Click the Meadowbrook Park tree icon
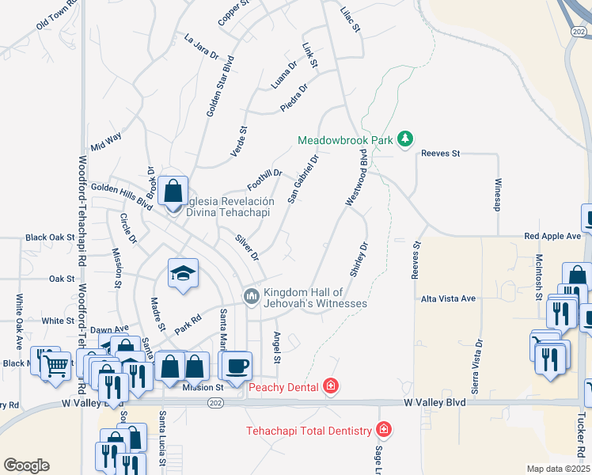(x=405, y=139)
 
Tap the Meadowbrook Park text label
(x=345, y=140)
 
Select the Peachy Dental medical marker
(x=331, y=386)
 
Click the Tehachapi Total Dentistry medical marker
(x=384, y=430)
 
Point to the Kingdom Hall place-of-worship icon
(x=252, y=296)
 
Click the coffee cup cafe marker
(x=237, y=365)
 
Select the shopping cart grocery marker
(x=55, y=365)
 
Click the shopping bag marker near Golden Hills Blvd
(x=173, y=191)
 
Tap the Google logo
(x=26, y=465)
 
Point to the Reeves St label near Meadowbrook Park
(x=440, y=154)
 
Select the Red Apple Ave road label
(x=552, y=236)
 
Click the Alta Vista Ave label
(x=448, y=298)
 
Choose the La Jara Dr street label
(x=201, y=47)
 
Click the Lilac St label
(x=349, y=20)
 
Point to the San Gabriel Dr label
(x=303, y=179)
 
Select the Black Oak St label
(x=49, y=237)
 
